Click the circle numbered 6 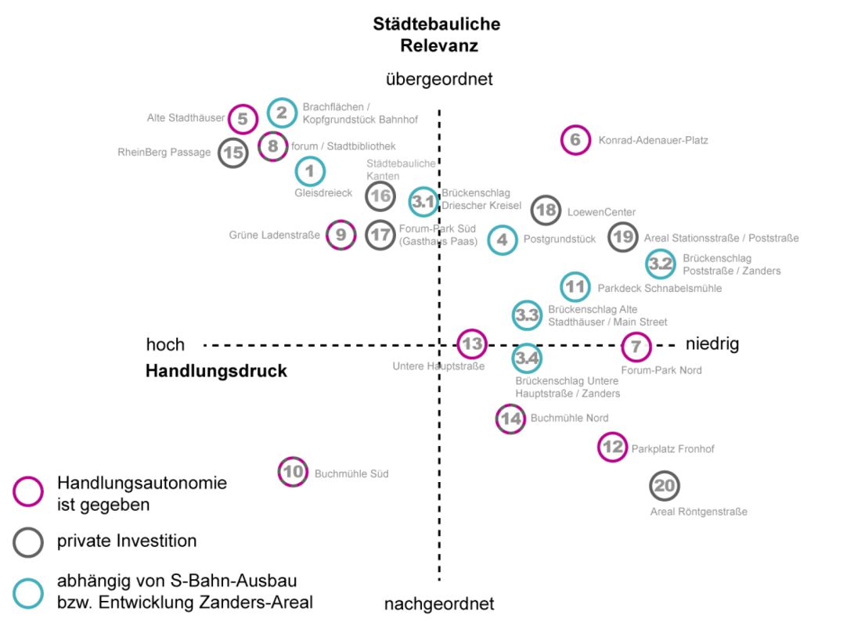[x=575, y=140]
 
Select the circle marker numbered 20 [x=665, y=486]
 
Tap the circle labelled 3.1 [x=423, y=202]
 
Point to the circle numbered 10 [x=293, y=471]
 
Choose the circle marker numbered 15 [x=232, y=153]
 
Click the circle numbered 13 [x=471, y=343]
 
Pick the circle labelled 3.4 [x=527, y=358]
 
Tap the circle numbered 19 [x=623, y=236]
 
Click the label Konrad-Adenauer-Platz [x=653, y=141]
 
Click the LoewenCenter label [x=601, y=212]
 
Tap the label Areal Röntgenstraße [x=698, y=512]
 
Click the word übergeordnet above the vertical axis [x=439, y=79]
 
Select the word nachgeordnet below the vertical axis [x=439, y=603]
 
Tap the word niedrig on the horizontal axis [x=712, y=344]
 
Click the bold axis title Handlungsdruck [x=216, y=371]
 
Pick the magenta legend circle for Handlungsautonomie [x=28, y=492]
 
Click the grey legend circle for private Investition [x=28, y=542]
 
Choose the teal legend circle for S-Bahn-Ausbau [x=28, y=592]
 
